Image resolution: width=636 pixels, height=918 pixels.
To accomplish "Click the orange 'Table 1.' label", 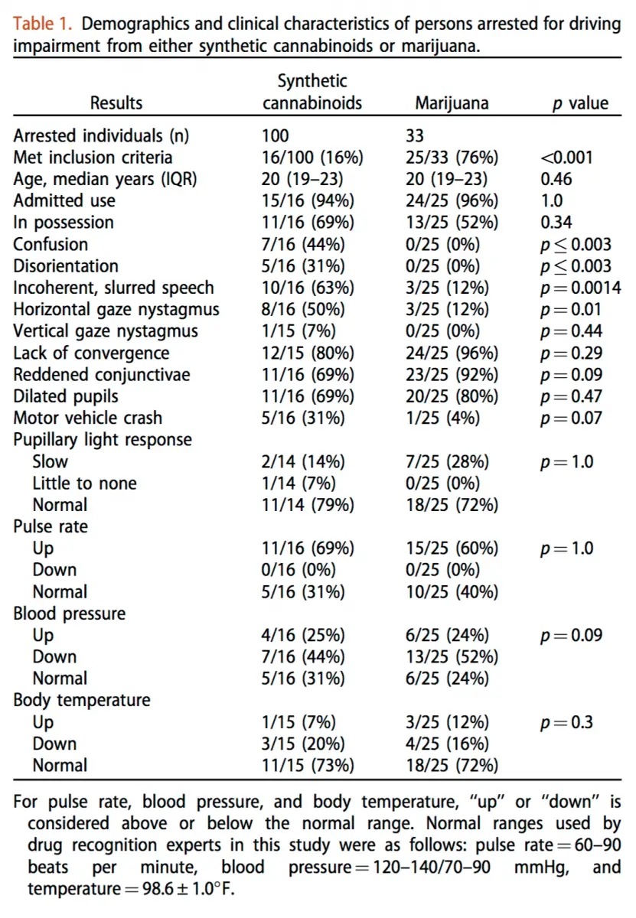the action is click(x=42, y=24).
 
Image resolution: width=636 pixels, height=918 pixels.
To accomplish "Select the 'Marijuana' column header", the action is click(x=452, y=103).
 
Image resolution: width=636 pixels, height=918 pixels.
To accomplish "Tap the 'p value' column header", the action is click(x=580, y=103).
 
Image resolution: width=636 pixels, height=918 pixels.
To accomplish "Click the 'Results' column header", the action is click(x=116, y=103).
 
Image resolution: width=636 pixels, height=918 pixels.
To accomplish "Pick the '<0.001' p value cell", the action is click(x=566, y=158).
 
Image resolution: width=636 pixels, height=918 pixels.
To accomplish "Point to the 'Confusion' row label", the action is click(x=51, y=244).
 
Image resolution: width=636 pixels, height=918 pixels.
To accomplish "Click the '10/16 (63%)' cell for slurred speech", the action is click(x=308, y=288).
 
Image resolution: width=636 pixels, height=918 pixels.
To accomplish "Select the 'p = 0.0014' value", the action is click(x=581, y=288).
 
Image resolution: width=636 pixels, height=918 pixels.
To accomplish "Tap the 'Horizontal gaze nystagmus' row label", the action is click(x=116, y=310).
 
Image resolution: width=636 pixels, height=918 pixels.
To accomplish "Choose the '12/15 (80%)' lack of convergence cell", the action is click(x=308, y=353).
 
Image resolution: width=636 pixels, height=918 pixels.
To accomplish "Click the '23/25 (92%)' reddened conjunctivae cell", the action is click(x=452, y=375).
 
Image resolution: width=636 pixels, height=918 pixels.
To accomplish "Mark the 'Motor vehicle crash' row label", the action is click(x=88, y=418).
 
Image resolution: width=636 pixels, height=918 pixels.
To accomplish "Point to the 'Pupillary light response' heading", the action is click(x=103, y=440).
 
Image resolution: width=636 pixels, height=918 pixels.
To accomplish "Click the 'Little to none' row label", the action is click(x=84, y=483).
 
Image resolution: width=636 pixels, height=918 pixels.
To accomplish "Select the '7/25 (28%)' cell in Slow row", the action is click(x=448, y=462).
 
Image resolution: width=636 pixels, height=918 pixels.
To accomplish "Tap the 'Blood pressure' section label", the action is click(x=70, y=614).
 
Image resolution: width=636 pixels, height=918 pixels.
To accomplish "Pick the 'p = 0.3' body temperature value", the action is click(x=566, y=722).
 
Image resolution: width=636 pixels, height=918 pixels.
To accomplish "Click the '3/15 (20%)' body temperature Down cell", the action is click(x=303, y=744).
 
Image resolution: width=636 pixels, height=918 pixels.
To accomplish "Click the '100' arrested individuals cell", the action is click(x=276, y=135).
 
